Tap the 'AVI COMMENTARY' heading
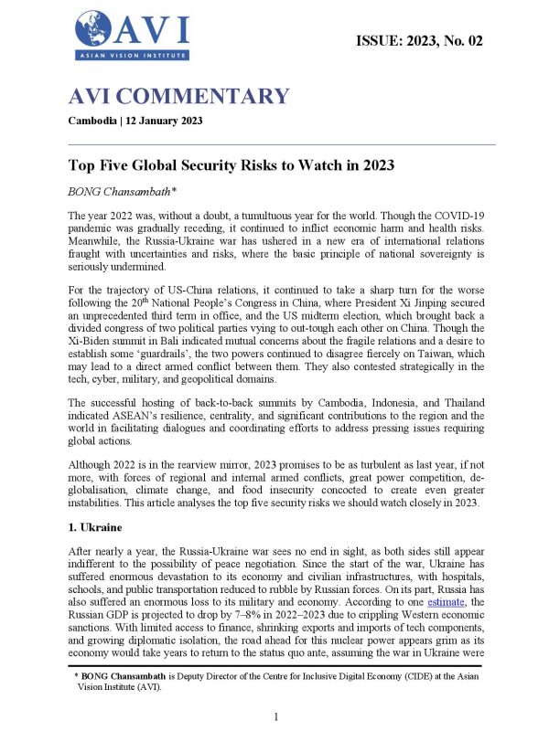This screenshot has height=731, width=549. point(179,97)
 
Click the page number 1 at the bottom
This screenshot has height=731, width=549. point(275,717)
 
